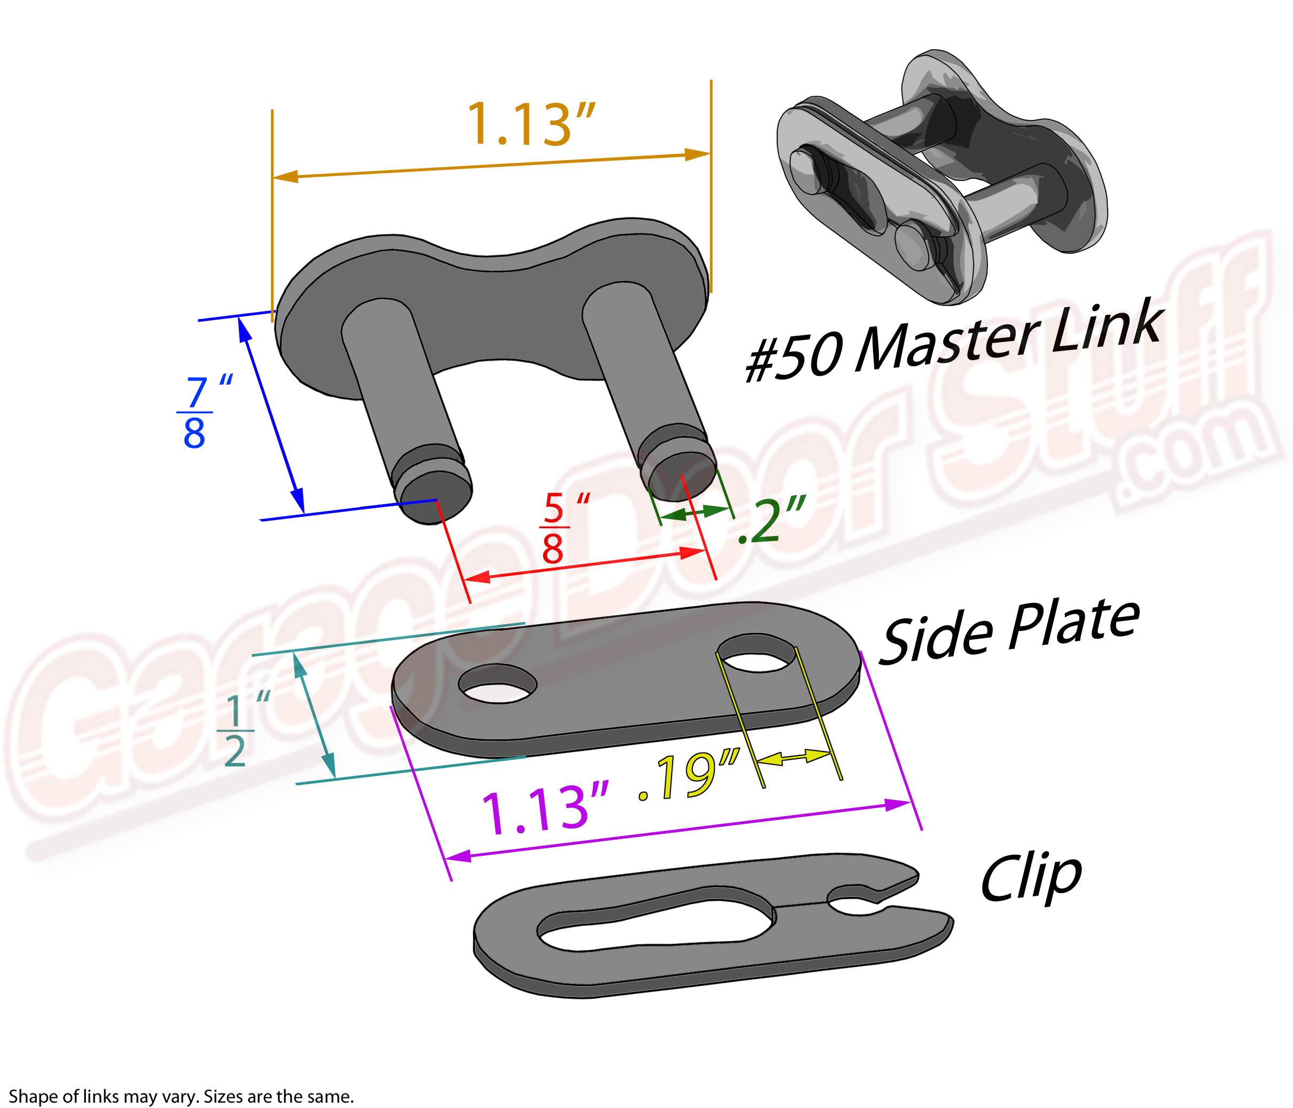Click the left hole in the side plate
click(497, 683)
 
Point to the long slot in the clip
click(655, 921)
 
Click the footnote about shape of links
click(181, 1096)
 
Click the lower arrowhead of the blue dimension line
click(299, 499)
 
